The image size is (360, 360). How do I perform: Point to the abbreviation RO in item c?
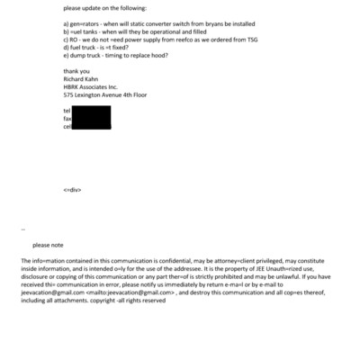(x=74, y=40)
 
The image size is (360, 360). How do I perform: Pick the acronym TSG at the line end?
(x=253, y=40)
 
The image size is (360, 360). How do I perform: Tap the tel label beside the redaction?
(x=67, y=111)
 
